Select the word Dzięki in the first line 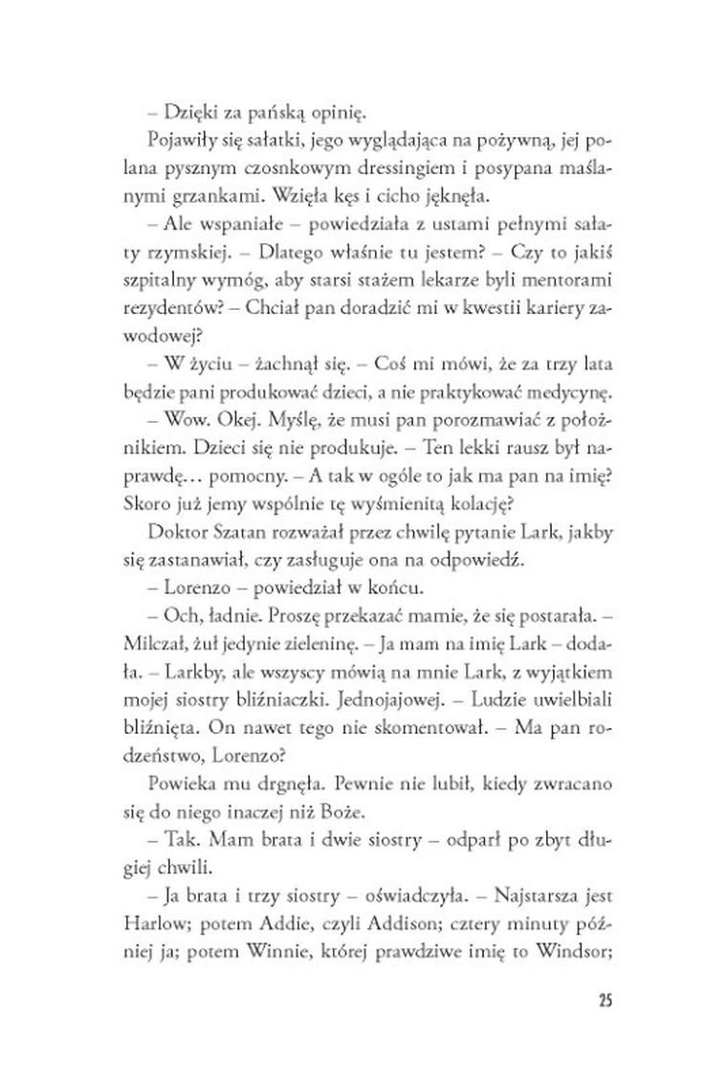click(x=187, y=111)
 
